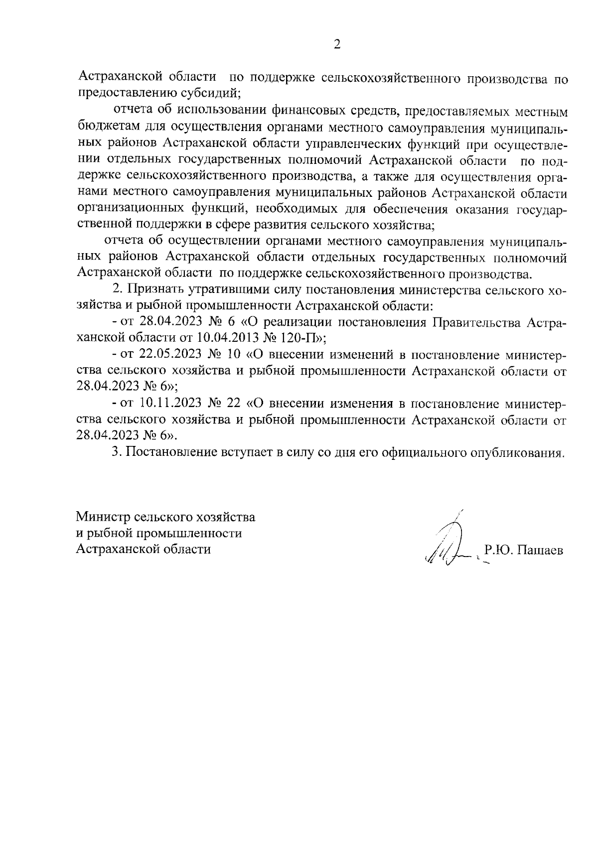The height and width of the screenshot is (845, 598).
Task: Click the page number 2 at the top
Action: pyautogui.click(x=337, y=45)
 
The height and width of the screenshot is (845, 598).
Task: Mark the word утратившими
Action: pyautogui.click(x=217, y=289)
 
